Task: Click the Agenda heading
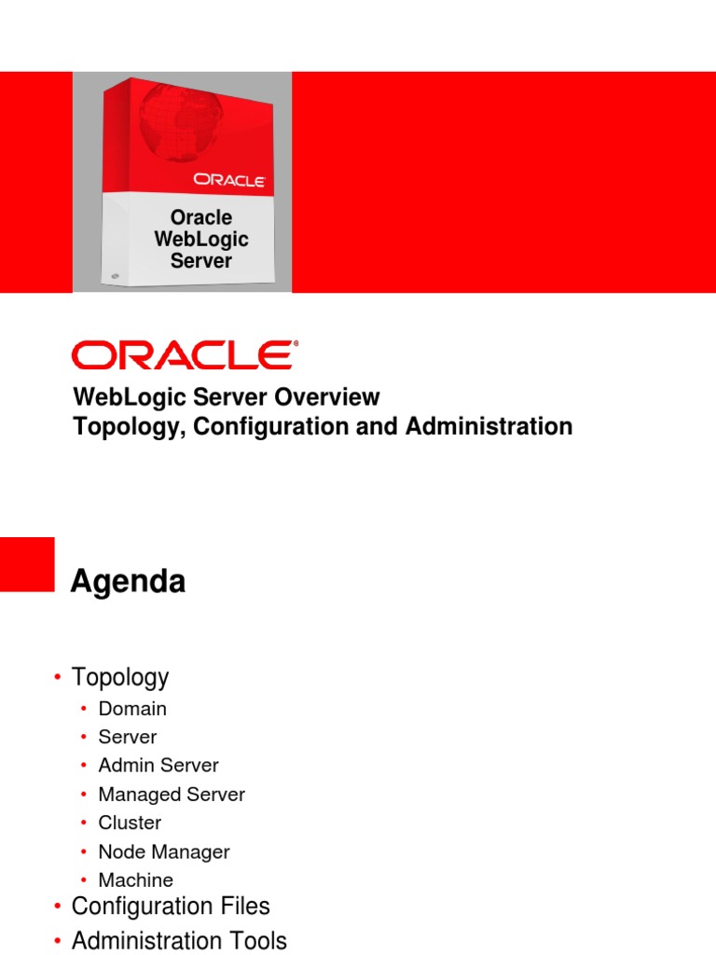[129, 583]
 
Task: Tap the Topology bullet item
[120, 677]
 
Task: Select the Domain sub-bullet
[132, 709]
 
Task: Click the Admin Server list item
[158, 766]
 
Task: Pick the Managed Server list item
[172, 795]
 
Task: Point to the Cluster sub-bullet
[130, 823]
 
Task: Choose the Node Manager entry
[164, 851]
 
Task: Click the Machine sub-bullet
[136, 880]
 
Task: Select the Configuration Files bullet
[171, 907]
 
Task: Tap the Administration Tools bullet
[179, 940]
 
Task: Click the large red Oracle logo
[185, 356]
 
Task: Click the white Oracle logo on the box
[229, 179]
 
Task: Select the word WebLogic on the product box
[201, 240]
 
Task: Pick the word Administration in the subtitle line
[489, 427]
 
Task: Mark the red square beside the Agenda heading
[27, 564]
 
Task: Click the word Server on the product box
[201, 261]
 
